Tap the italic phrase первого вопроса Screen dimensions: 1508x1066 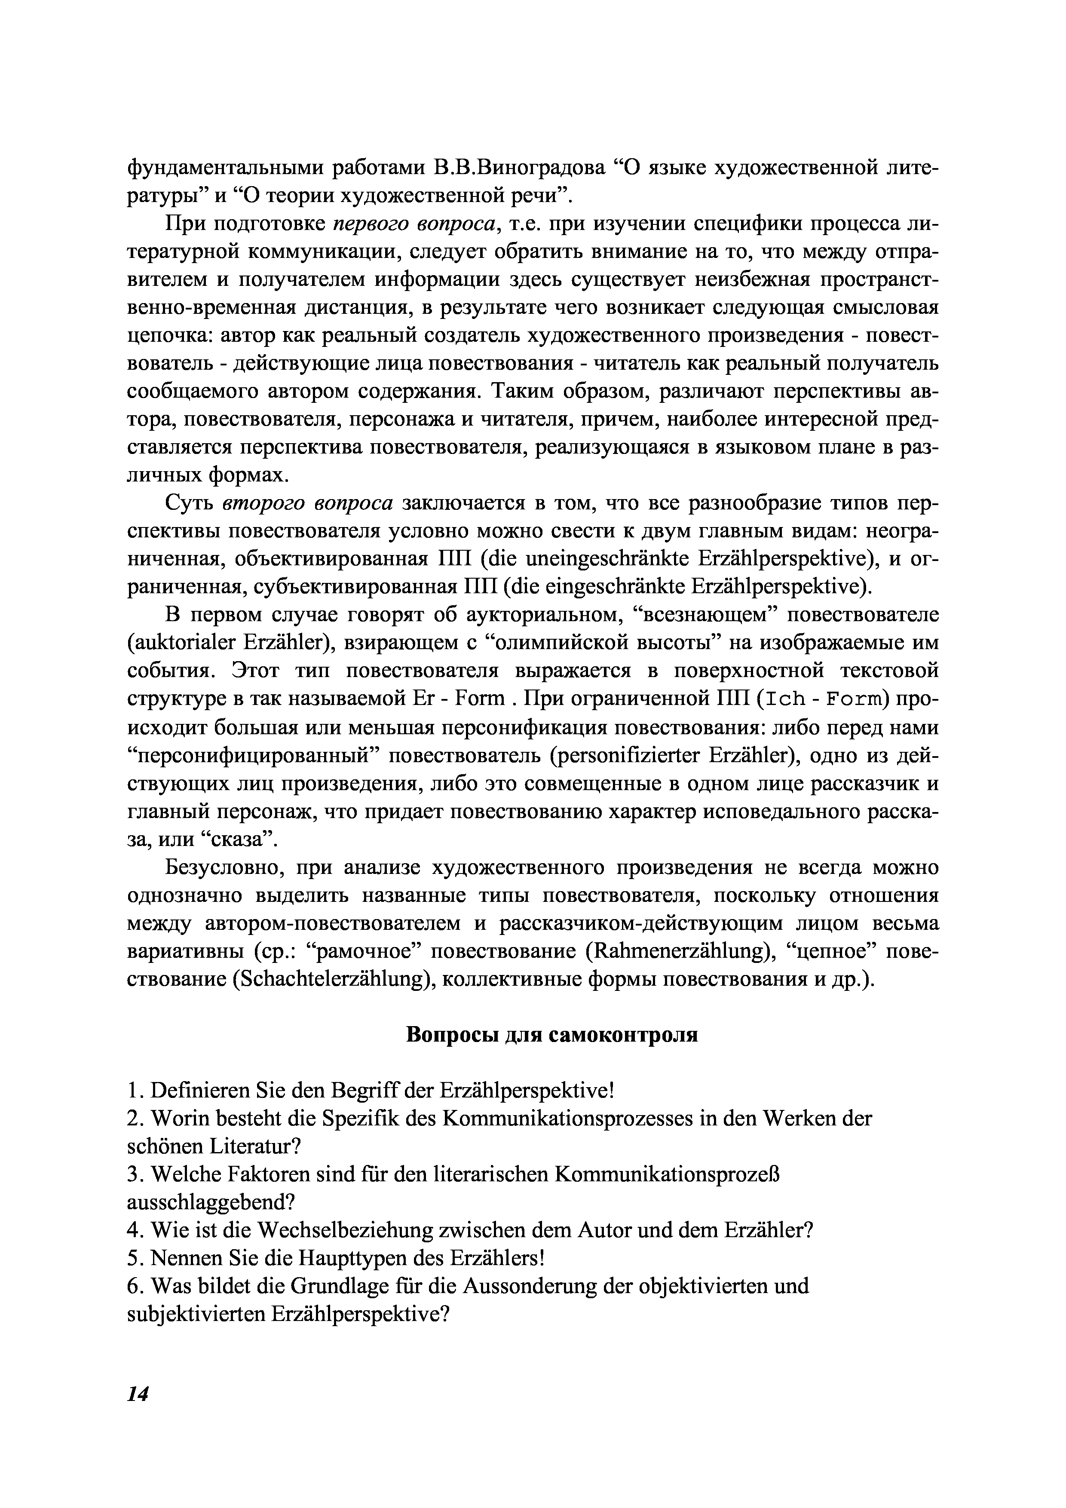click(x=418, y=224)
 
